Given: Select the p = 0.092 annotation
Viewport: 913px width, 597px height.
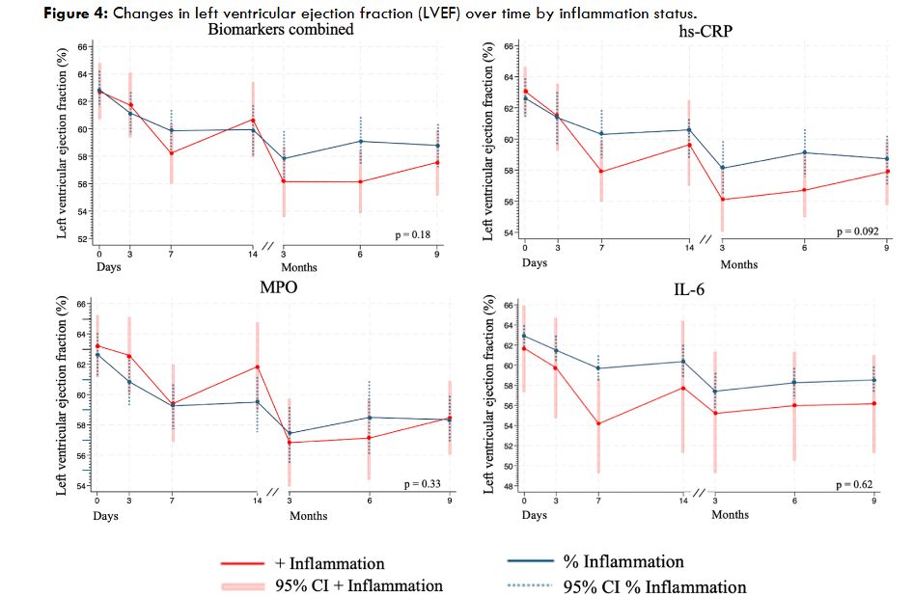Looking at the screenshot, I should coord(859,232).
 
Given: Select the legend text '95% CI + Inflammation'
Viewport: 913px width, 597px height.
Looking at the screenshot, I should coord(367,585).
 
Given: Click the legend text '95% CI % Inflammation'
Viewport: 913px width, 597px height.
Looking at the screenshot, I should coord(654,586).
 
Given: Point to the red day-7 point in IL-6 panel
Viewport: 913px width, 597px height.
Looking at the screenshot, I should coord(599,423).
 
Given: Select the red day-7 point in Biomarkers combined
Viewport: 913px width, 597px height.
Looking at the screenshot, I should coord(171,152).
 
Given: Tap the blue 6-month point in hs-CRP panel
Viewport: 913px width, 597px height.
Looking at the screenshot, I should coord(805,152).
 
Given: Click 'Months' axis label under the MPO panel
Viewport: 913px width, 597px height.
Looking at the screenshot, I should coord(308,516).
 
